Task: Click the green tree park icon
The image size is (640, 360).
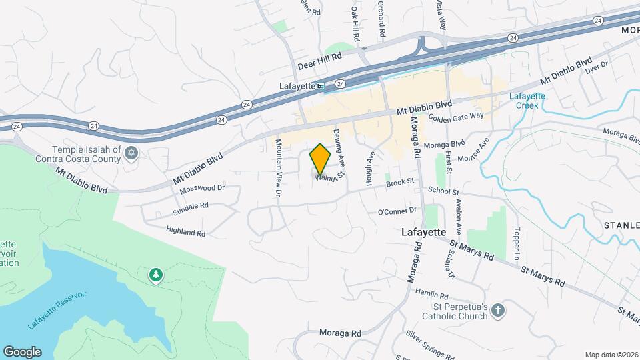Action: point(156,275)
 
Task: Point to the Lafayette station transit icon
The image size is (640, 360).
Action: point(321,85)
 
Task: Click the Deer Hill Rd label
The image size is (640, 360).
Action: point(319,66)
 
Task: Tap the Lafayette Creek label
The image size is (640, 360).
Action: point(527,101)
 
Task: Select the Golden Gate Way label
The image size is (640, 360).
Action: point(455,116)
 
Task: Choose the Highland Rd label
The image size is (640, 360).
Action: point(186,232)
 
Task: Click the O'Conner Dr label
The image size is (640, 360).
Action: point(397,211)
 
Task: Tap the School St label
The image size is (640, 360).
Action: point(445,191)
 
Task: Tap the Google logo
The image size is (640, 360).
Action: point(22,351)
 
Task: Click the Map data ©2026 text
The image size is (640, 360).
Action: point(611,355)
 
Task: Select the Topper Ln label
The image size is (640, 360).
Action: point(517,245)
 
